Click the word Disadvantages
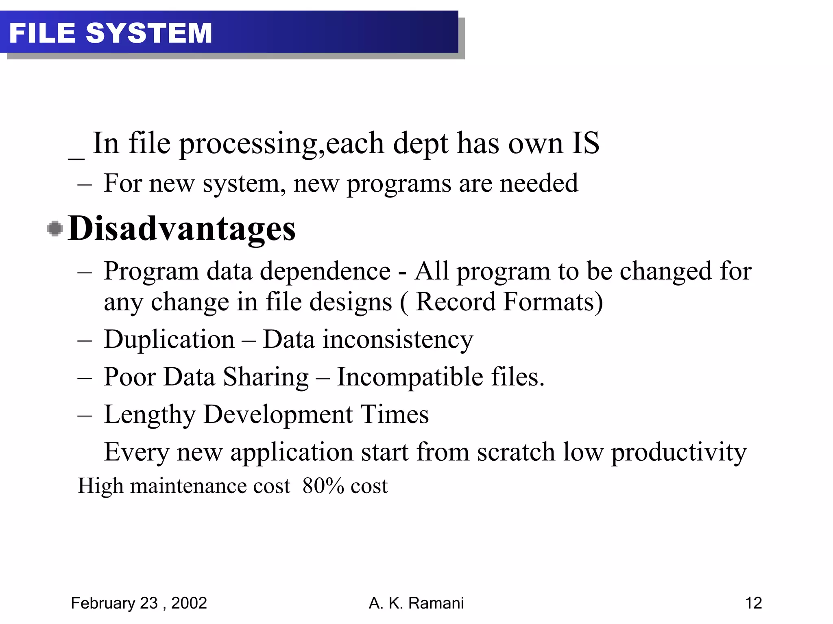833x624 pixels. pos(182,228)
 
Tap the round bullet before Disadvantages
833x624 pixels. pos(55,228)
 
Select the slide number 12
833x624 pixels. pos(753,603)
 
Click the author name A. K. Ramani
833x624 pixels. pos(416,603)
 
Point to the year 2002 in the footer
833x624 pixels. pos(189,603)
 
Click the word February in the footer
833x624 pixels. pos(103,603)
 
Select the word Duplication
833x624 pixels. pos(169,340)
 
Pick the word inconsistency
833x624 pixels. pos(398,340)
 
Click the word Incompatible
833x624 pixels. pos(410,377)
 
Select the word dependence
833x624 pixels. pos(325,271)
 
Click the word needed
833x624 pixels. pos(539,183)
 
